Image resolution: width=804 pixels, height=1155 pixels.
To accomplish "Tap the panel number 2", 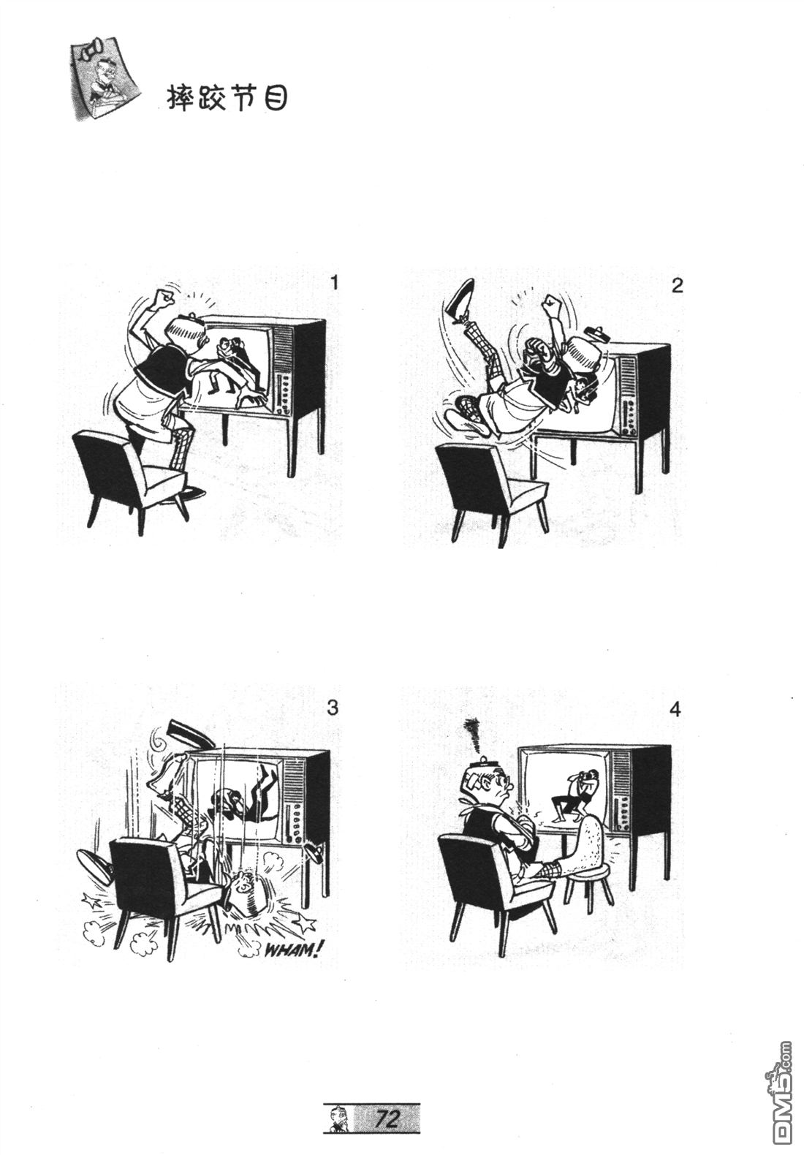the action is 678,286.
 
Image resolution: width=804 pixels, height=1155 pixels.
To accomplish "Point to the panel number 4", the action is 675,710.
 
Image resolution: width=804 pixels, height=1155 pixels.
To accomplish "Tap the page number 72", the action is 388,1115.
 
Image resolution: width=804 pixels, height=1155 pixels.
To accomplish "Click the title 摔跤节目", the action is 227,98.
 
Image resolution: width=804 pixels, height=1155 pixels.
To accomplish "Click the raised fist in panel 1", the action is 164,298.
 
